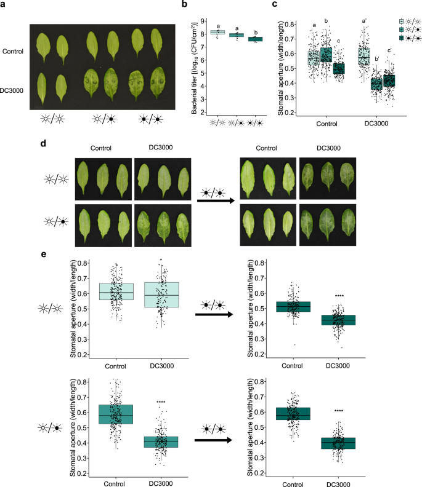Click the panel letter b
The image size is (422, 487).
point(184,6)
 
